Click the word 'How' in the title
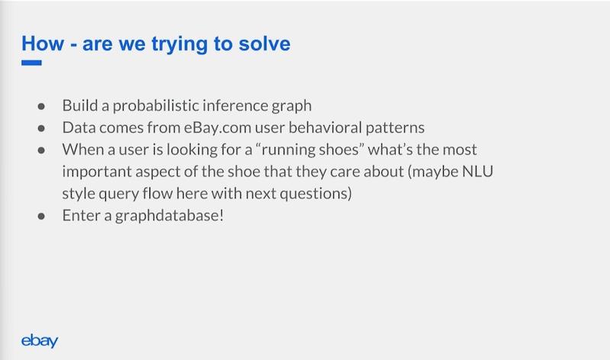pyautogui.click(x=43, y=43)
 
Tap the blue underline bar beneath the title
pyautogui.click(x=31, y=63)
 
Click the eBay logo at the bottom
pyautogui.click(x=40, y=340)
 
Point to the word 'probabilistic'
pyautogui.click(x=156, y=106)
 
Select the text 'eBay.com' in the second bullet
pyautogui.click(x=217, y=127)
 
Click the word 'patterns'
pyautogui.click(x=395, y=128)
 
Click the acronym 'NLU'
pyautogui.click(x=478, y=172)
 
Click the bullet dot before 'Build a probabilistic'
pyautogui.click(x=41, y=106)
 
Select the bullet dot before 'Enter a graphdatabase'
pyautogui.click(x=41, y=216)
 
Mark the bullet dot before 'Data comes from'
pyautogui.click(x=41, y=128)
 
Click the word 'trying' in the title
pyautogui.click(x=179, y=44)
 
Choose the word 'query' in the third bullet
pyautogui.click(x=119, y=194)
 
